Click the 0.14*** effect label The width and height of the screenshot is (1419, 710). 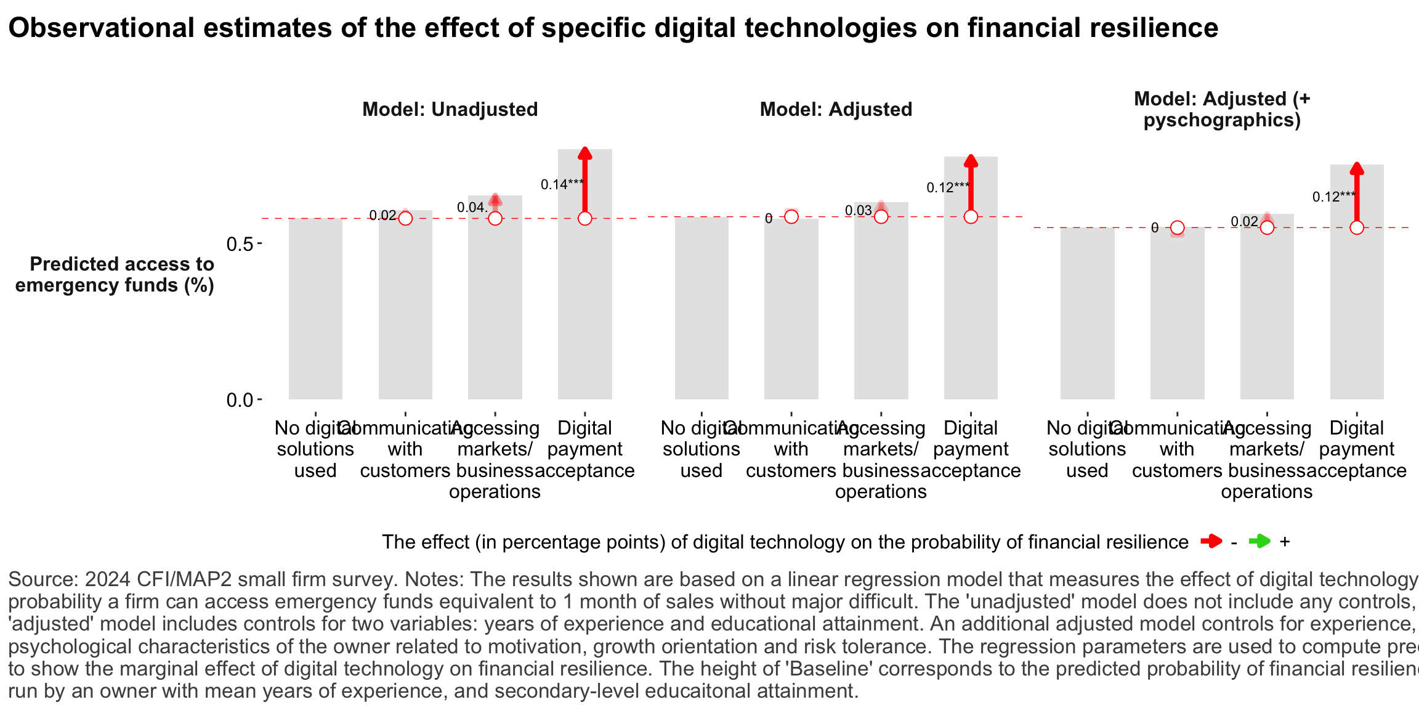(562, 184)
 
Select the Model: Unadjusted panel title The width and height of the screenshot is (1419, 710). (450, 109)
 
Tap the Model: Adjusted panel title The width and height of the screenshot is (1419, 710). (836, 109)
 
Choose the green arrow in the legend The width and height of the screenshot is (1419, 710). (1259, 542)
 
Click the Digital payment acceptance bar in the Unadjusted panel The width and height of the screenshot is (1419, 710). (584, 308)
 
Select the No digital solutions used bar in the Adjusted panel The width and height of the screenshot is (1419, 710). (701, 308)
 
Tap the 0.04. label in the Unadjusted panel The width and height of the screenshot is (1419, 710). (472, 208)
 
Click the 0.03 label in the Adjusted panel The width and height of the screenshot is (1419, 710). (858, 211)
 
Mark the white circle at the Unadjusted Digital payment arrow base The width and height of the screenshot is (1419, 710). (584, 218)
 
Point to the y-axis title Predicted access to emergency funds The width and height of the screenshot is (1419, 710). (115, 274)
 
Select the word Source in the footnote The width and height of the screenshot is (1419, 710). (42, 579)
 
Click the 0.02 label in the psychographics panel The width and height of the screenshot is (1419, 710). (1244, 222)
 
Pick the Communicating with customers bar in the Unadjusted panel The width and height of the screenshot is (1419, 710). (405, 308)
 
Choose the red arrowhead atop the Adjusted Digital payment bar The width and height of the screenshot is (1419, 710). (971, 161)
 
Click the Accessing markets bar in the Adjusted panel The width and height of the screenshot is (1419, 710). (881, 308)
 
